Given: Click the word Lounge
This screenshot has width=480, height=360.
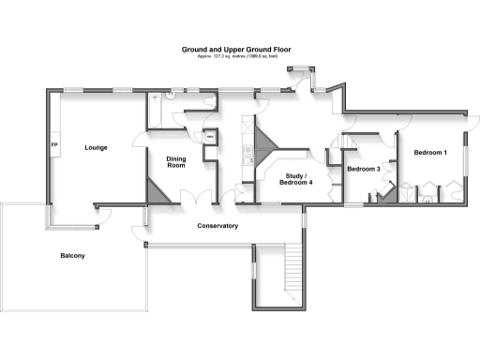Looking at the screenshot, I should [95, 147].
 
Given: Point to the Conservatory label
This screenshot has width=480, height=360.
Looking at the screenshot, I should [217, 226].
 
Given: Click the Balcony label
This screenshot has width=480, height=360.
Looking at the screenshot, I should [74, 256].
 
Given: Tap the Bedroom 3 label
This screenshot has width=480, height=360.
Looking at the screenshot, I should [363, 169].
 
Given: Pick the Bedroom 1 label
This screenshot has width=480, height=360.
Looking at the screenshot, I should [431, 152].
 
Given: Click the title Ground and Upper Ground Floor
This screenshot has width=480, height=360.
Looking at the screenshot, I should [239, 50].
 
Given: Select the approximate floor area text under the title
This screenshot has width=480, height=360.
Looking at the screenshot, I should [239, 57].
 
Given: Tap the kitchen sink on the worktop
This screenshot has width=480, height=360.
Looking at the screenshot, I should [247, 158].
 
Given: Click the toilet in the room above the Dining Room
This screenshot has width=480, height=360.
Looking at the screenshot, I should [172, 95].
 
